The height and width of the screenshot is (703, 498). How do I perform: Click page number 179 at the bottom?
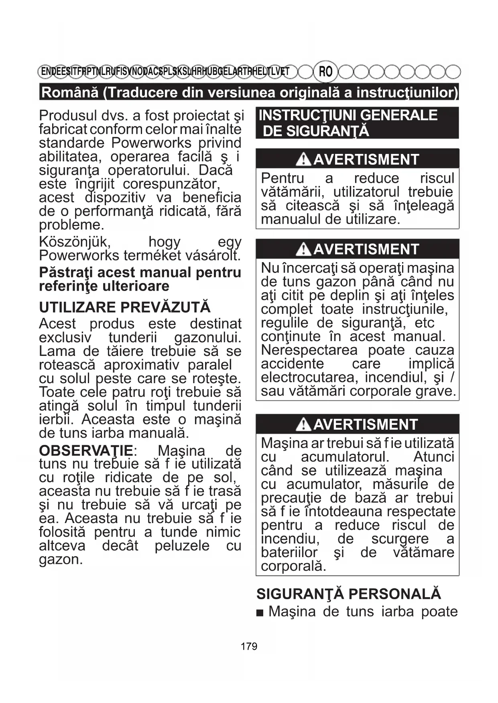(249, 646)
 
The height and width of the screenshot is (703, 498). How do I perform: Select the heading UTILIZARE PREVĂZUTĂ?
(125, 307)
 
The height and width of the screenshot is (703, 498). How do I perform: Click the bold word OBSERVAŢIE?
(86, 450)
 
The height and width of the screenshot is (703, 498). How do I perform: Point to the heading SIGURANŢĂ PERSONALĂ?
(349, 594)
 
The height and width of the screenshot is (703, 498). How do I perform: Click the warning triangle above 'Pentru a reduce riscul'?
(303, 160)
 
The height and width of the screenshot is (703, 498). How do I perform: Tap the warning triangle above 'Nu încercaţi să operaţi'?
(303, 250)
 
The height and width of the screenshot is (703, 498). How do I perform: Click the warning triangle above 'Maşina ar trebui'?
(303, 425)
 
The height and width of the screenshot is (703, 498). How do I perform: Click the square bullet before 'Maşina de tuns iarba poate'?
(260, 612)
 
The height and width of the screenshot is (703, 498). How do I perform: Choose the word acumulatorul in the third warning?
(345, 457)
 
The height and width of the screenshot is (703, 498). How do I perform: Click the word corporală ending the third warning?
(293, 566)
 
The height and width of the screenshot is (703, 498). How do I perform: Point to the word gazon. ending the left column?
(61, 560)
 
